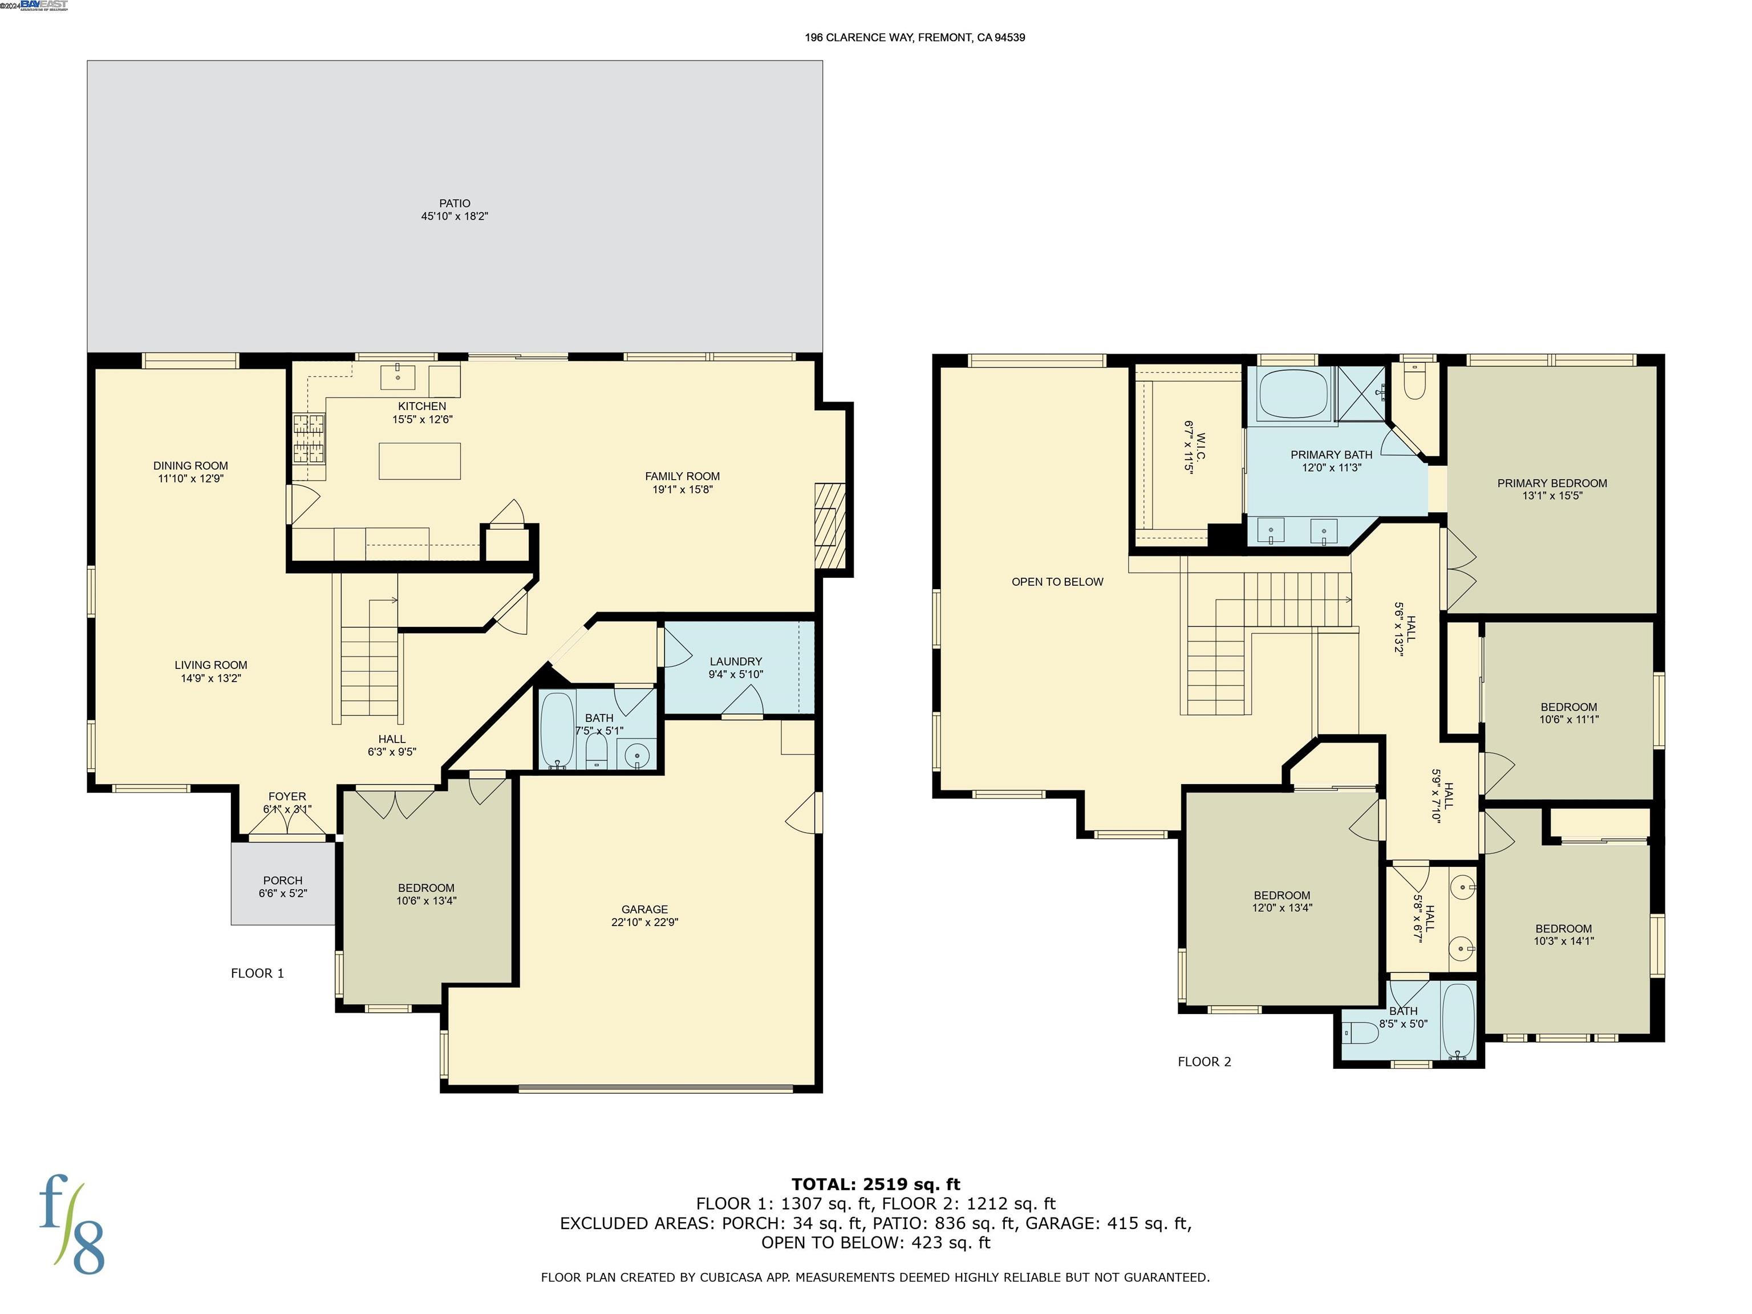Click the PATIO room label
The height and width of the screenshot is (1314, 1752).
455,204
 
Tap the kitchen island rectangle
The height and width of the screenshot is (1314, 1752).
420,461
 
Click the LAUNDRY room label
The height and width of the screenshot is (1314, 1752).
736,662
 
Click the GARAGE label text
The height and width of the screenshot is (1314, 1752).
644,909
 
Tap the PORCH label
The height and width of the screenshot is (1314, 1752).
283,880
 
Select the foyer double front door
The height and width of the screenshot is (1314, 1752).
287,824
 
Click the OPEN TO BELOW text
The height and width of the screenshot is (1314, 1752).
1057,582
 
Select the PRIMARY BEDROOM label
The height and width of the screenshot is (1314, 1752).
1552,483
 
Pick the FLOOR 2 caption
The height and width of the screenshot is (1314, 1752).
1204,1062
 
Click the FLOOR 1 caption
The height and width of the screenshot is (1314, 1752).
257,974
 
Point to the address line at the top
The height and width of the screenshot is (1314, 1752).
915,37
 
